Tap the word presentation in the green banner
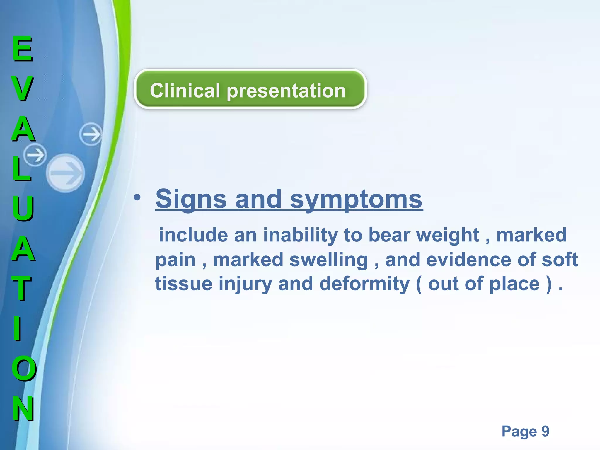(x=286, y=91)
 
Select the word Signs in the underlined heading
(x=191, y=199)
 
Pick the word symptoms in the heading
(x=356, y=199)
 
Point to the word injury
(x=245, y=284)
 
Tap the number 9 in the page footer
(x=545, y=431)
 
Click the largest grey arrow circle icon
(x=66, y=173)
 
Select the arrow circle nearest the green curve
(x=91, y=134)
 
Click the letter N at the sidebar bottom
(x=23, y=408)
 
